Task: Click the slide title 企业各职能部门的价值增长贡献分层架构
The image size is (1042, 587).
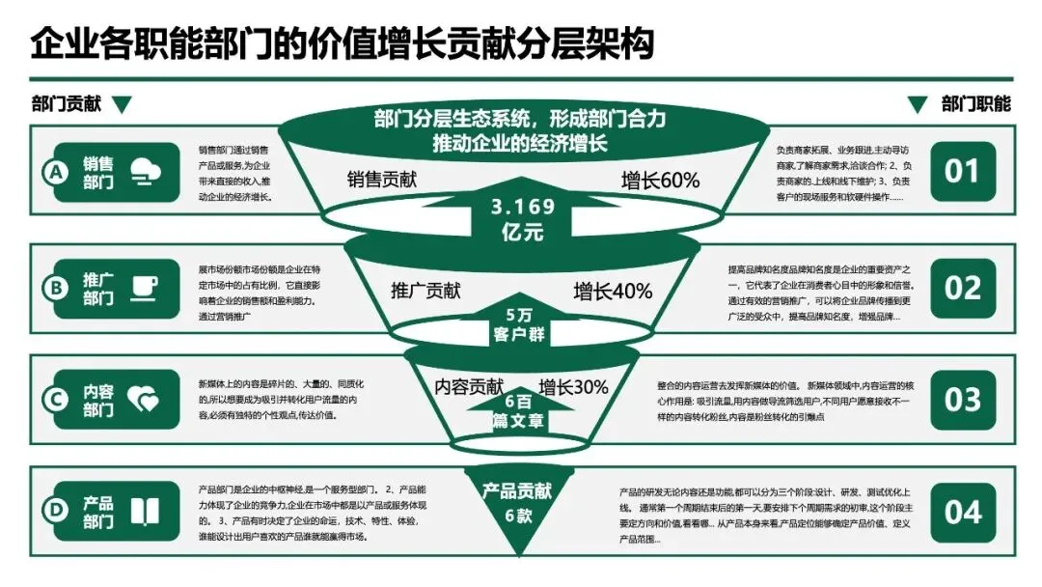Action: [343, 44]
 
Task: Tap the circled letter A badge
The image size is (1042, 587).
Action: [57, 173]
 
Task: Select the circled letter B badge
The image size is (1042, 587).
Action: [57, 287]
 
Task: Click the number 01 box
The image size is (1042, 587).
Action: [962, 172]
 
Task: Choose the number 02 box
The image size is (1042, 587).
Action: [962, 287]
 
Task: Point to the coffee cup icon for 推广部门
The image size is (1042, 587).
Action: [145, 287]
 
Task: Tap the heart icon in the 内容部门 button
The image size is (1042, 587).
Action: [144, 400]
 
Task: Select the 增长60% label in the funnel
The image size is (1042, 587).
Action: [660, 181]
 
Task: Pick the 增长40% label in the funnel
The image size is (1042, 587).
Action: [613, 291]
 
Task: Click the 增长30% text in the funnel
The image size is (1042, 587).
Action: [573, 387]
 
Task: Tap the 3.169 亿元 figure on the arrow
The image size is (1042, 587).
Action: [522, 219]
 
